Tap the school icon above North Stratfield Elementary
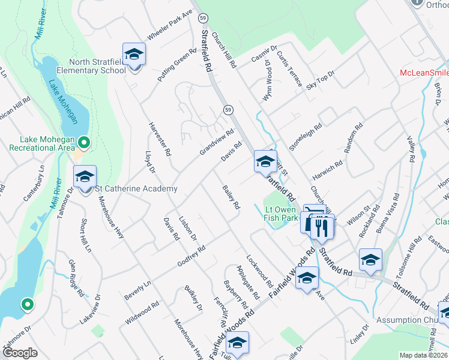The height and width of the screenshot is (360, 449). (134, 54)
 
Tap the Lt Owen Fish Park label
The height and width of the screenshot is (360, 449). (282, 214)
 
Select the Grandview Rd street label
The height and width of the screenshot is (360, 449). (216, 143)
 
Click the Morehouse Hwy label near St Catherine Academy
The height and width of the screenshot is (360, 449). (110, 217)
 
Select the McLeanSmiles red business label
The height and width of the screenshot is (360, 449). (424, 73)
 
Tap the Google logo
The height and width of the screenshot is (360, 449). (20, 353)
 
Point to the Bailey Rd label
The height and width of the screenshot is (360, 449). (231, 197)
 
